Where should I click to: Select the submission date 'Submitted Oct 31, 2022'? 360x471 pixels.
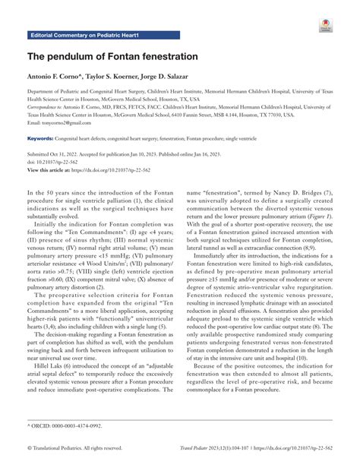coord(61,157)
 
